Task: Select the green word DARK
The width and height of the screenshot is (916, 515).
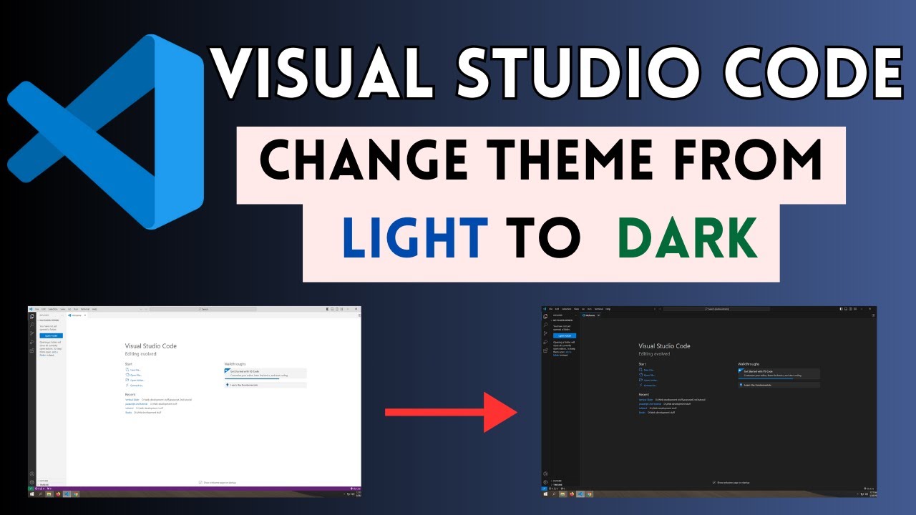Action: point(688,238)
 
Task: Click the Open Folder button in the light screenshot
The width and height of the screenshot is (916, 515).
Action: point(51,335)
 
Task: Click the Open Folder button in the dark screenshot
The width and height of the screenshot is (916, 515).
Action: point(565,335)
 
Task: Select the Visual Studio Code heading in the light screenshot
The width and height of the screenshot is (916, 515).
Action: point(150,346)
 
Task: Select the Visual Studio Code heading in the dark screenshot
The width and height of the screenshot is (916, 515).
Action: point(664,346)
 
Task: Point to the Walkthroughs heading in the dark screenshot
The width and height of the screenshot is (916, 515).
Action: point(749,364)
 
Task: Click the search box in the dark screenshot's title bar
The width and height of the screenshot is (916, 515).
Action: point(716,309)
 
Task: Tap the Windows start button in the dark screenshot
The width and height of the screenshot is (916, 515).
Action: point(546,494)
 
